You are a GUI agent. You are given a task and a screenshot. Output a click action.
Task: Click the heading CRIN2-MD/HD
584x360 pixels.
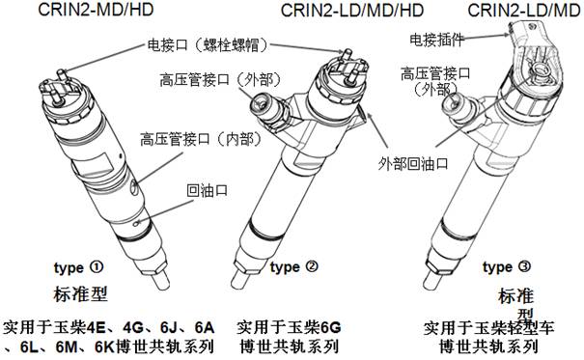pos(96,10)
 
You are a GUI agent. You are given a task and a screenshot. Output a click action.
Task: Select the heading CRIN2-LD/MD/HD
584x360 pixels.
pos(352,10)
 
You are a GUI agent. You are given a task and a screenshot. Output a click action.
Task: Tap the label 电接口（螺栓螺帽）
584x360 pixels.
pos(208,45)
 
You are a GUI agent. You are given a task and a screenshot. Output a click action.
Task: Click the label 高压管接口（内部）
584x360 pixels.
pos(202,139)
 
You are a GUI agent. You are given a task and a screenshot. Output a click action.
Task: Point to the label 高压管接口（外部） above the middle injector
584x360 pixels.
pos(220,79)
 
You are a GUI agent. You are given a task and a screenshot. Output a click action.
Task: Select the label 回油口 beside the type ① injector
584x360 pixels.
pos(208,190)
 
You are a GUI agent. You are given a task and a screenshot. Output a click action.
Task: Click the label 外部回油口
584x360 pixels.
pos(413,163)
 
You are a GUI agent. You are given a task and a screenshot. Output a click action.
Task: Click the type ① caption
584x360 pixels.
pos(78,267)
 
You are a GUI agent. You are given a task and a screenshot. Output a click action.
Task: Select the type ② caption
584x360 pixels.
pos(294,267)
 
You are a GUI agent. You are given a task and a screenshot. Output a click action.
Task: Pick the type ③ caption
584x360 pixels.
pos(507,267)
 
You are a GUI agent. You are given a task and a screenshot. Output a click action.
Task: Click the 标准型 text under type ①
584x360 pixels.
pos(80,294)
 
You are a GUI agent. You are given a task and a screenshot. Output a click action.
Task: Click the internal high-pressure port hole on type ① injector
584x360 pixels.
pos(135,185)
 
